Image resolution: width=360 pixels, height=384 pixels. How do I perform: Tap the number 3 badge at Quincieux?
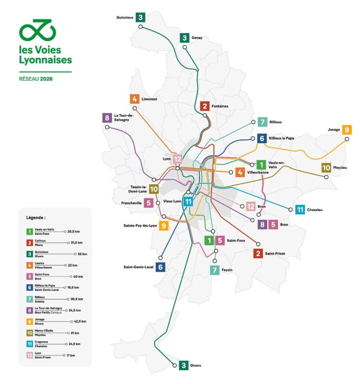tap(141, 17)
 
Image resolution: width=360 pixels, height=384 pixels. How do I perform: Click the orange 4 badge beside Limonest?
tap(135, 99)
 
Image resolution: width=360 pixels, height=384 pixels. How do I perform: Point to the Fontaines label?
tap(220, 106)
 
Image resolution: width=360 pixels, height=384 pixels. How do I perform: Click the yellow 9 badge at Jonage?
tap(347, 130)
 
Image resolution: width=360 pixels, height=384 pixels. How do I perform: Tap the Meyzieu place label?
tap(341, 168)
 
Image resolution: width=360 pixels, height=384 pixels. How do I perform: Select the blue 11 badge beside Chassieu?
tap(300, 209)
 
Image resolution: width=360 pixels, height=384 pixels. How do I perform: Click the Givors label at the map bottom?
tap(196, 366)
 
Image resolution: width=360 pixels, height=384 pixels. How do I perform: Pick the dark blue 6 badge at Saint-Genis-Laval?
tap(160, 267)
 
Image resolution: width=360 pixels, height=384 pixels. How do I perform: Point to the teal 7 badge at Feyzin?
tap(214, 270)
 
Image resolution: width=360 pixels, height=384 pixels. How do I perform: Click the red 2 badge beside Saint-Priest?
tap(258, 253)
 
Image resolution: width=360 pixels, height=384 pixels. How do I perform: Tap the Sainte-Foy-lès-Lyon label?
tap(140, 225)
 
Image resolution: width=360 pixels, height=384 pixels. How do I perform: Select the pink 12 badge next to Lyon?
tap(178, 159)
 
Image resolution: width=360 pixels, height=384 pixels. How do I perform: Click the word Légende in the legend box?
tap(36, 217)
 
